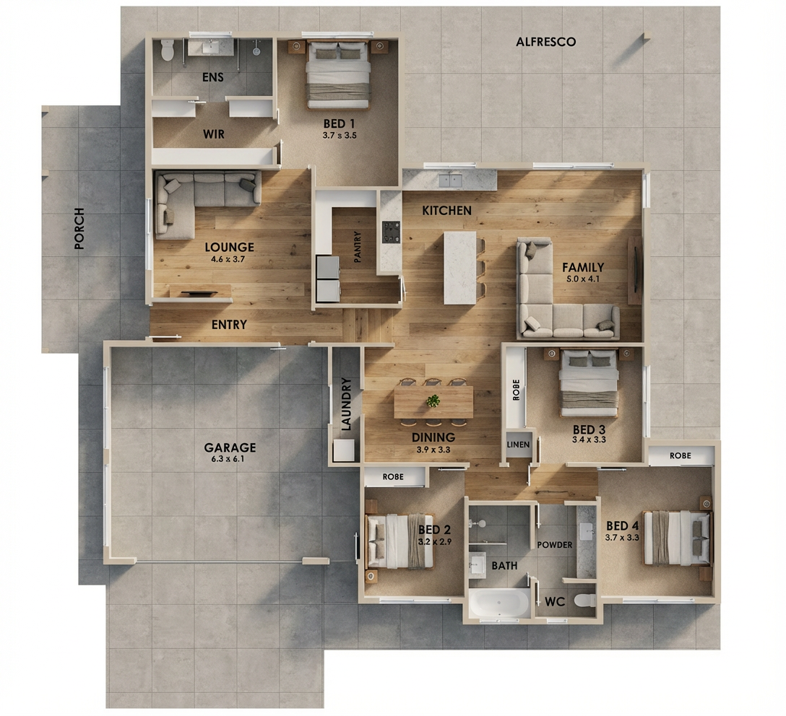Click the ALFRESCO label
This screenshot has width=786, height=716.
pyautogui.click(x=546, y=42)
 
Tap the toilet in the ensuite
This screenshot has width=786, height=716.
pyautogui.click(x=166, y=50)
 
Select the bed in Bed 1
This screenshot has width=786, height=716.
pyautogui.click(x=338, y=75)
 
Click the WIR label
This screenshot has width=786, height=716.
pyautogui.click(x=214, y=134)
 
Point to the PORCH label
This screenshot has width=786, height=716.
pyautogui.click(x=79, y=228)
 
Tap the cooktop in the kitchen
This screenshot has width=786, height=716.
pyautogui.click(x=391, y=232)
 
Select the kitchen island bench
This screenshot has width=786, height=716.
pyautogui.click(x=459, y=267)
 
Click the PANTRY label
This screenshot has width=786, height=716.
pyautogui.click(x=358, y=247)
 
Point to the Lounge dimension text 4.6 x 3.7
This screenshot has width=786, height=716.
pyautogui.click(x=228, y=259)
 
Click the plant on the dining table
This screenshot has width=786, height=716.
pyautogui.click(x=433, y=401)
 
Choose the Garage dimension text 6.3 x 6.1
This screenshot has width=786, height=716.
pyautogui.click(x=228, y=458)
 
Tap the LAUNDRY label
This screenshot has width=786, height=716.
pyautogui.click(x=346, y=405)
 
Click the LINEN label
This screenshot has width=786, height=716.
pyautogui.click(x=518, y=445)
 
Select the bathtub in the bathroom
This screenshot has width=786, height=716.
pyautogui.click(x=499, y=603)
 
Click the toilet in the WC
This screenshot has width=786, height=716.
pyautogui.click(x=585, y=600)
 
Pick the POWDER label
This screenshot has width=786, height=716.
pyautogui.click(x=554, y=545)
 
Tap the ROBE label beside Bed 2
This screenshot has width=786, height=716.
pyautogui.click(x=393, y=476)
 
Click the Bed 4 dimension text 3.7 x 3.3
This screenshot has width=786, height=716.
pyautogui.click(x=622, y=538)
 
